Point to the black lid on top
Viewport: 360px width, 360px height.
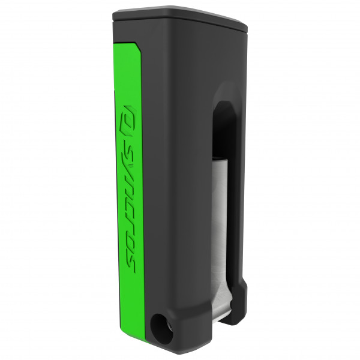180,17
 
